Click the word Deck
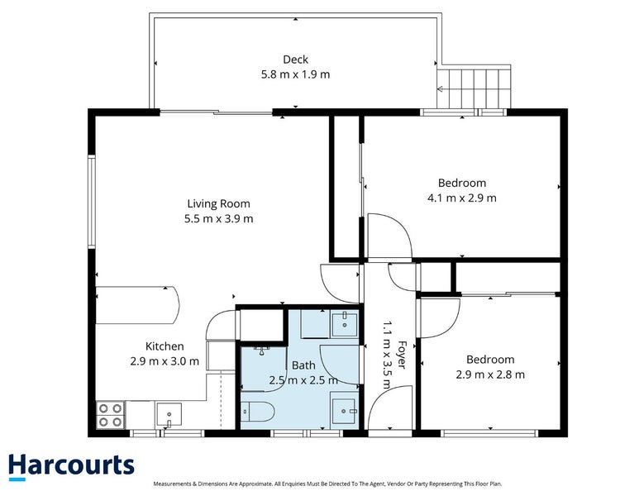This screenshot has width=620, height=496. [295, 60]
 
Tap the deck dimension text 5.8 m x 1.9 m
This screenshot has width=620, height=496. [295, 74]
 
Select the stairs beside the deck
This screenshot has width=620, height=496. [475, 86]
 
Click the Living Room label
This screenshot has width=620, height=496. [218, 203]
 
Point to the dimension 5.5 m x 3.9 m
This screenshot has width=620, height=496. [218, 219]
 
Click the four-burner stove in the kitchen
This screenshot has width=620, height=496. [110, 414]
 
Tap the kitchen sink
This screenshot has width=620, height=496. [169, 413]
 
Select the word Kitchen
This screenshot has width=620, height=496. [165, 346]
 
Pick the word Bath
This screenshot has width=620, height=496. [303, 365]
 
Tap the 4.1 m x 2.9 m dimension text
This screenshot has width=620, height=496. [462, 198]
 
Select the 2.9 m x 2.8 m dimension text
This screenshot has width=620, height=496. [490, 374]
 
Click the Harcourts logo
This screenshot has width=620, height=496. [71, 466]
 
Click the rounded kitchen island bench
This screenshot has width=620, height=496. [136, 305]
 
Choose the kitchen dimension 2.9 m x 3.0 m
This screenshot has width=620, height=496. [165, 361]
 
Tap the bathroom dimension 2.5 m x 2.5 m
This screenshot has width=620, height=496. [303, 380]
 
